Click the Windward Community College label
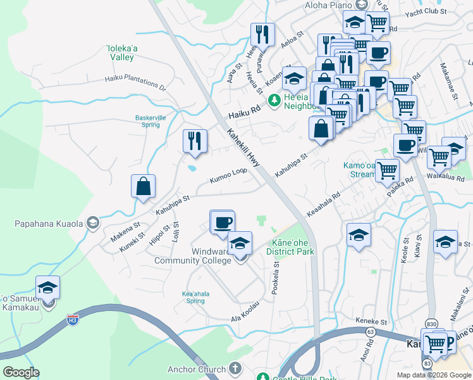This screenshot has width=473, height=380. (192, 256)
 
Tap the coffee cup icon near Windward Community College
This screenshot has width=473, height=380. (222, 222)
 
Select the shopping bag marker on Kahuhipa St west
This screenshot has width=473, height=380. (144, 187)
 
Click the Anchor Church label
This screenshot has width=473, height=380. (196, 369)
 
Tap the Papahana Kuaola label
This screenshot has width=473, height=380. (49, 223)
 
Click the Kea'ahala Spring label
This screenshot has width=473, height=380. (195, 297)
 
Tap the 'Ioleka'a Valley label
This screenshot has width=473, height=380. (120, 52)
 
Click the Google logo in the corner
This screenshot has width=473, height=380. (21, 372)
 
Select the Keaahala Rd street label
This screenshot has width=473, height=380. (323, 203)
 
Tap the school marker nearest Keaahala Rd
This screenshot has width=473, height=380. (359, 235)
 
